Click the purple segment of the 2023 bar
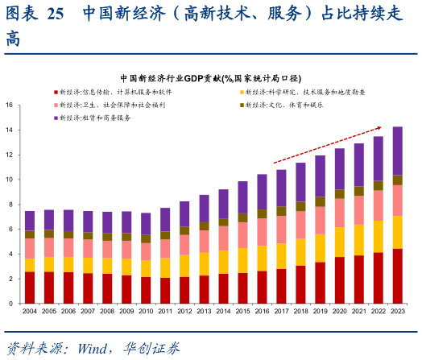click(x=397, y=151)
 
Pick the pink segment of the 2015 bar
click(x=242, y=234)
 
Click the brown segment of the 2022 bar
click(x=378, y=185)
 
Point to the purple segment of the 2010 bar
click(x=146, y=224)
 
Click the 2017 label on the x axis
click(x=281, y=311)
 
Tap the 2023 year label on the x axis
click(x=397, y=311)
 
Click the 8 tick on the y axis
click(x=10, y=204)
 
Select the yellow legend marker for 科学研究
click(x=242, y=93)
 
